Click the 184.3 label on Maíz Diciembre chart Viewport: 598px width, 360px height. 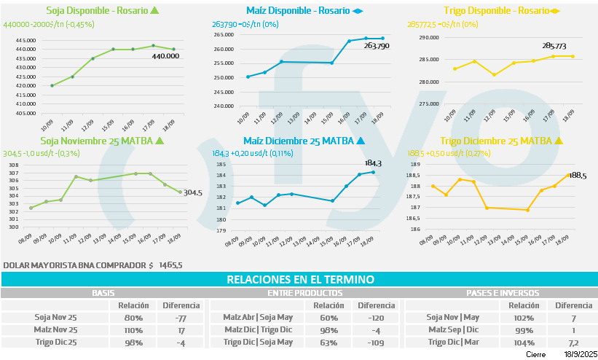373,163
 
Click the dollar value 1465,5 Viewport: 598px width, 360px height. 170,265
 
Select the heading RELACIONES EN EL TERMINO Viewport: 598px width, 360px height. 300,279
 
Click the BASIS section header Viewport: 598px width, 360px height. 103,293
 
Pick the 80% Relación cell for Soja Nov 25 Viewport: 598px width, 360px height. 133,318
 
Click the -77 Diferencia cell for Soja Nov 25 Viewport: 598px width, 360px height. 181,318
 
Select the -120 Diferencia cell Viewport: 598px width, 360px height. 376,318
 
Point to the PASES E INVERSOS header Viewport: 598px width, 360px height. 502,293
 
